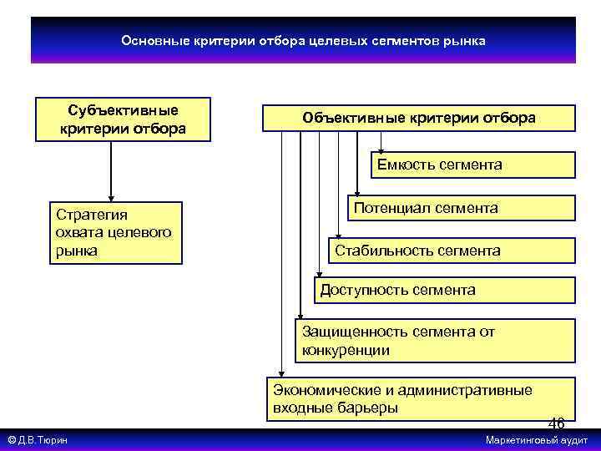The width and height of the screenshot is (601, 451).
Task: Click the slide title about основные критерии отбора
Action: click(x=303, y=40)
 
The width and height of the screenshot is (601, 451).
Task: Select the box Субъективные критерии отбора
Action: click(x=123, y=119)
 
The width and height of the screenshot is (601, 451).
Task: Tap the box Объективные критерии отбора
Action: click(x=419, y=119)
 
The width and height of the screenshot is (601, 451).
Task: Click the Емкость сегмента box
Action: click(x=473, y=165)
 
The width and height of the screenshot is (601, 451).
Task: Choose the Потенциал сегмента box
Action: click(x=462, y=208)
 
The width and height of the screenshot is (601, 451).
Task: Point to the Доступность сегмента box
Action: click(x=445, y=290)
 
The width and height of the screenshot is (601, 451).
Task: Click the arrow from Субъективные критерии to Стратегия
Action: click(x=111, y=171)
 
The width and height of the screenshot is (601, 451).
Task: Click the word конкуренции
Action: click(x=346, y=351)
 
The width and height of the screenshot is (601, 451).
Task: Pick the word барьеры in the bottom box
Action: click(x=369, y=408)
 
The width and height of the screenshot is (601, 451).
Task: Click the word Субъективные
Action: click(x=123, y=110)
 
